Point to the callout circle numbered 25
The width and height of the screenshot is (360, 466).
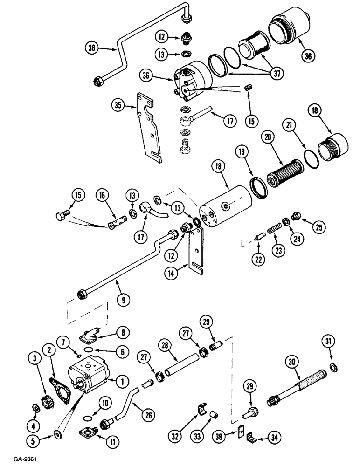pos(319,227)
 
